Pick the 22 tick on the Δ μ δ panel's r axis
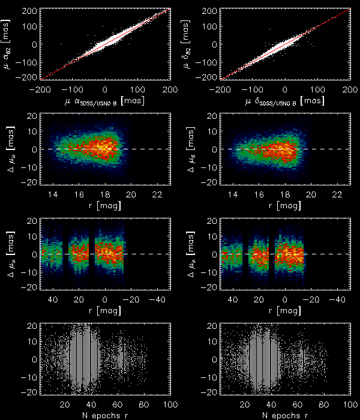[338, 193]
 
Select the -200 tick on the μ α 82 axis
[28, 78]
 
